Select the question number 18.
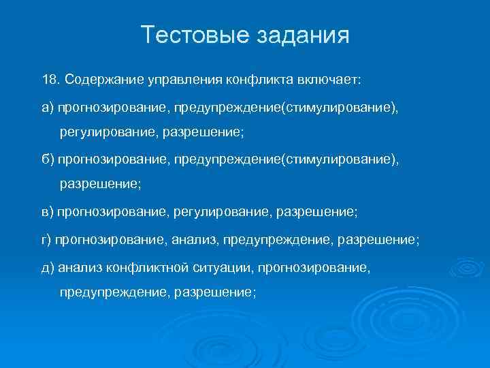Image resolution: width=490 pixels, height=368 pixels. click(x=50, y=80)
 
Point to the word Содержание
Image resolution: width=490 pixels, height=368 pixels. click(x=102, y=80)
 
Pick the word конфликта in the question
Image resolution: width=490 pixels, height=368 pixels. click(x=256, y=80)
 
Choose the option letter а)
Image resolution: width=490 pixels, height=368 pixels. click(x=48, y=106)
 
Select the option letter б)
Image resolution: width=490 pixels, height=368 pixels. click(x=48, y=159)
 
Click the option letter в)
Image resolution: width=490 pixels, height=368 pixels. click(x=48, y=212)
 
